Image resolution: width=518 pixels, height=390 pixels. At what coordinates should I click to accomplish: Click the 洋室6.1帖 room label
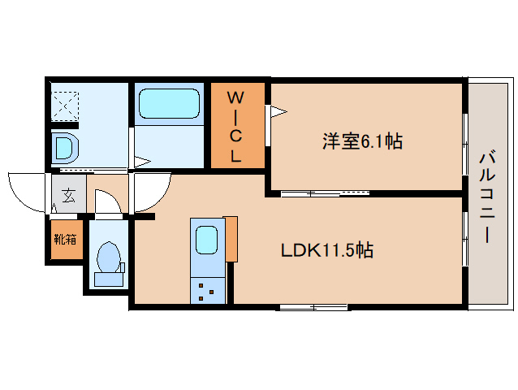pos(362,141)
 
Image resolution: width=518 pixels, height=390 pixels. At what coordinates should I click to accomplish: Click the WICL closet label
pos(235,127)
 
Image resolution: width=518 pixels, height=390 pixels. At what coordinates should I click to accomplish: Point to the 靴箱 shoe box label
pos(65,239)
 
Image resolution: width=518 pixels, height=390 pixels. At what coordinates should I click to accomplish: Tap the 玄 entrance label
pos(68,196)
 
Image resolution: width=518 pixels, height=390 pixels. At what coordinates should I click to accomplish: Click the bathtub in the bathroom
pos(169,104)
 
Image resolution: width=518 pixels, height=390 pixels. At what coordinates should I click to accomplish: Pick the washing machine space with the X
pos(64,104)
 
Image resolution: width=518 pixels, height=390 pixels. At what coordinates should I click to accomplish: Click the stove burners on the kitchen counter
pos(206,289)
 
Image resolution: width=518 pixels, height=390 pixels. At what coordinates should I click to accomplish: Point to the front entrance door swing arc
pos(26,191)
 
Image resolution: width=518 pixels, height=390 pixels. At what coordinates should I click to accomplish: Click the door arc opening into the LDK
pos(150,193)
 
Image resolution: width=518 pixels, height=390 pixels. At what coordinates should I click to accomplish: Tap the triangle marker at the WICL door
pos(277,110)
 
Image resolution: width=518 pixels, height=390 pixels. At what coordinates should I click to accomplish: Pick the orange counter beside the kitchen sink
pos(231,239)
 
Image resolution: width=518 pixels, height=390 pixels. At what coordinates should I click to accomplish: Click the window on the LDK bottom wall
pos(313,307)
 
